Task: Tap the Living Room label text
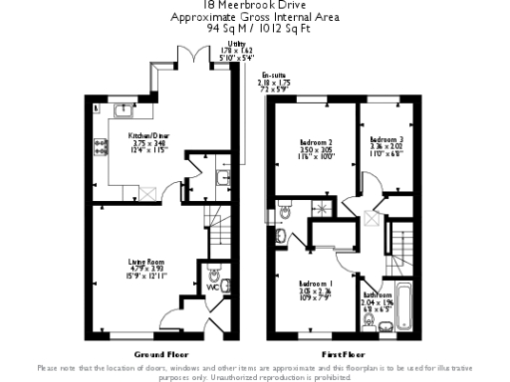click(144, 262)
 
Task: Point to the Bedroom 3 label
click(385, 139)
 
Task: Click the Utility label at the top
click(236, 45)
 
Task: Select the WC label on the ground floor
click(211, 287)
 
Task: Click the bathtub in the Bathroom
click(401, 308)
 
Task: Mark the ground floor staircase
click(212, 224)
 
